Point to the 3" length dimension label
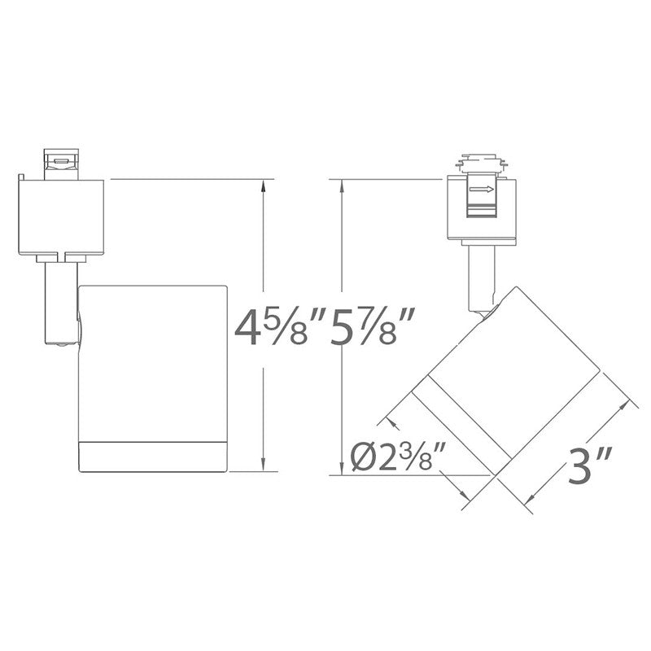pyautogui.click(x=589, y=464)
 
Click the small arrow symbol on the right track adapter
pyautogui.click(x=482, y=190)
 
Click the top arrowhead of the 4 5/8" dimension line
pyautogui.click(x=263, y=186)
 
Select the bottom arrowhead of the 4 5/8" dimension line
pyautogui.click(x=263, y=465)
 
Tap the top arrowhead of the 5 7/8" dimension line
pyautogui.click(x=342, y=186)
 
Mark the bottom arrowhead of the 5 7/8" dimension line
pyautogui.click(x=342, y=469)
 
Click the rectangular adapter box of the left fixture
pyautogui.click(x=61, y=216)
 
